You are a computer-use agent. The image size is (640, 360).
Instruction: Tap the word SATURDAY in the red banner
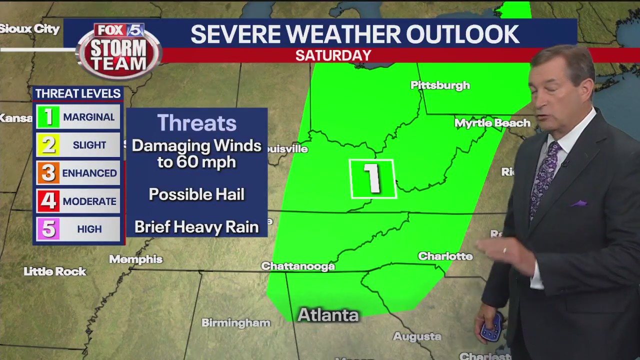[333, 55]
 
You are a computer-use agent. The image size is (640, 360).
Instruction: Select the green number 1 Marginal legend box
[48, 117]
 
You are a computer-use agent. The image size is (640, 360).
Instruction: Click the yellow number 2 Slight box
[48, 145]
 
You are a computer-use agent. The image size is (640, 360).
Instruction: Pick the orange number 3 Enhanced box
[48, 173]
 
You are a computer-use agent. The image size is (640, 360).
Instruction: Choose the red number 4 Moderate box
[48, 201]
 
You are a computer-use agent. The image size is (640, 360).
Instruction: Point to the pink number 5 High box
[48, 229]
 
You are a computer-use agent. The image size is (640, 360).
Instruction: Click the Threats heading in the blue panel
[196, 123]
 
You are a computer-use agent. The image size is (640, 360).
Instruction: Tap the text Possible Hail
[196, 194]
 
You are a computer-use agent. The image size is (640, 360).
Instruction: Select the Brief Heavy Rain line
[196, 227]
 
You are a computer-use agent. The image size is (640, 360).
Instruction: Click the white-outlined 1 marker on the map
[372, 178]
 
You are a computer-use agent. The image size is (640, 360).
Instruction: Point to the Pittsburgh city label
[440, 85]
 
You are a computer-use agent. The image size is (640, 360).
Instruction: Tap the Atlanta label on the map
[328, 315]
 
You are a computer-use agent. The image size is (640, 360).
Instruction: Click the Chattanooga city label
[298, 266]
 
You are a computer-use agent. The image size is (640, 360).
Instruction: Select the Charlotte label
[445, 256]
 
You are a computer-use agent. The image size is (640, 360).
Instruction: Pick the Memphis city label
[136, 259]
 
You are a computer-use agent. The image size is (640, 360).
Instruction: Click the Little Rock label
[55, 271]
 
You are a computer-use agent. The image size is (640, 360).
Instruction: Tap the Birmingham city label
[236, 323]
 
